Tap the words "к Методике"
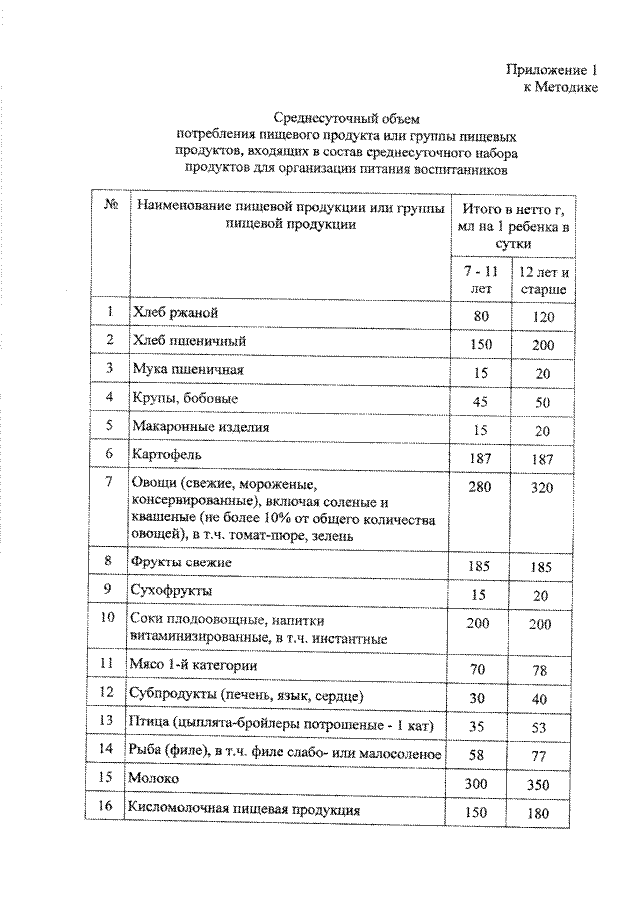(561, 88)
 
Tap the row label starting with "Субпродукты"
(247, 694)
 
